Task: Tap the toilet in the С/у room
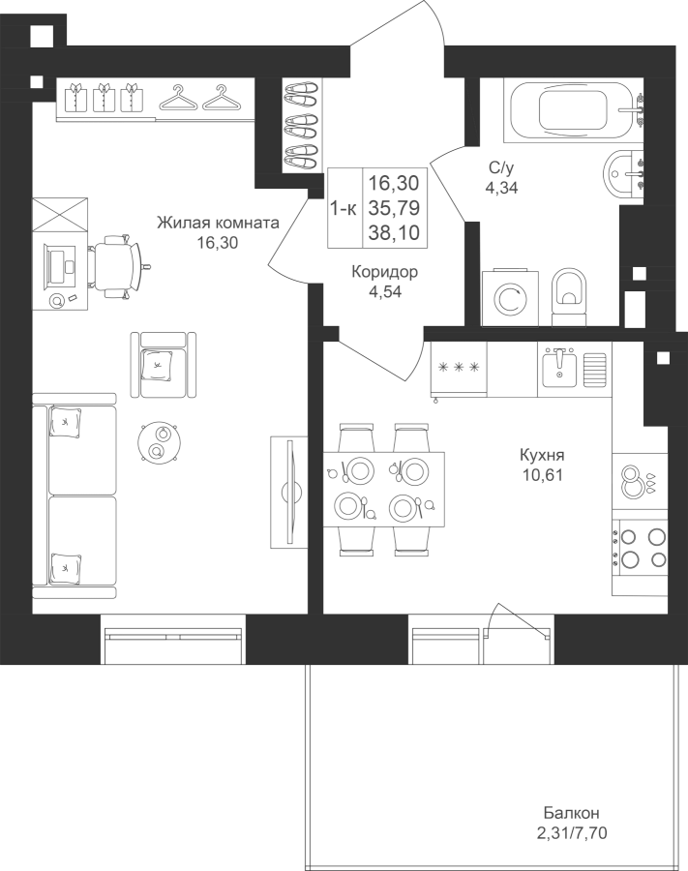pyautogui.click(x=569, y=297)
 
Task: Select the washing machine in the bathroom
pyautogui.click(x=510, y=298)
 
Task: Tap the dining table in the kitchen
pyautogui.click(x=384, y=490)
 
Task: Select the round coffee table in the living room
pyautogui.click(x=159, y=441)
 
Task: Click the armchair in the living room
pyautogui.click(x=164, y=365)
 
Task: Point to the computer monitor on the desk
pyautogui.click(x=56, y=265)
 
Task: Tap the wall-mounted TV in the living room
pyautogui.click(x=289, y=492)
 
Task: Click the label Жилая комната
pyautogui.click(x=219, y=224)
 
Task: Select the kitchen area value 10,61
pyautogui.click(x=542, y=475)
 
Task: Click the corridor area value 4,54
pyautogui.click(x=385, y=291)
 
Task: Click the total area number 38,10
pyautogui.click(x=394, y=232)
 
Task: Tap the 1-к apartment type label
pyautogui.click(x=344, y=209)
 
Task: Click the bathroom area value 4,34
pyautogui.click(x=501, y=188)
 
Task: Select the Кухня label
pyautogui.click(x=542, y=456)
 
